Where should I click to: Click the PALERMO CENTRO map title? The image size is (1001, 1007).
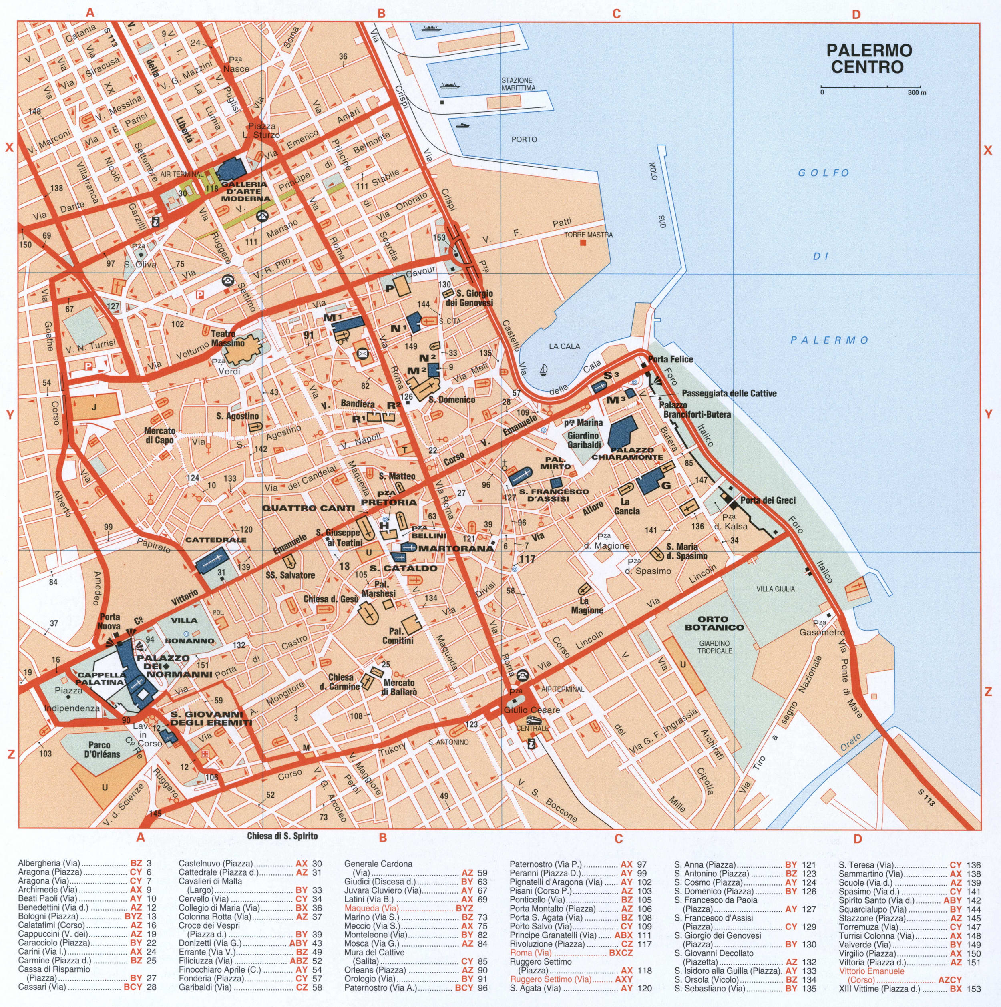(869, 58)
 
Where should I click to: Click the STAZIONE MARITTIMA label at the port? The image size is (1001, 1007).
(518, 84)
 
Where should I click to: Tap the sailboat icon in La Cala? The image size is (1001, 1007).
(544, 370)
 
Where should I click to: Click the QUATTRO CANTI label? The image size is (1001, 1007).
(304, 508)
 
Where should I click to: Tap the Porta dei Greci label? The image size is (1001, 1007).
(768, 500)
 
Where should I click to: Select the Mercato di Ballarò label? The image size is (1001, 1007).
(398, 687)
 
